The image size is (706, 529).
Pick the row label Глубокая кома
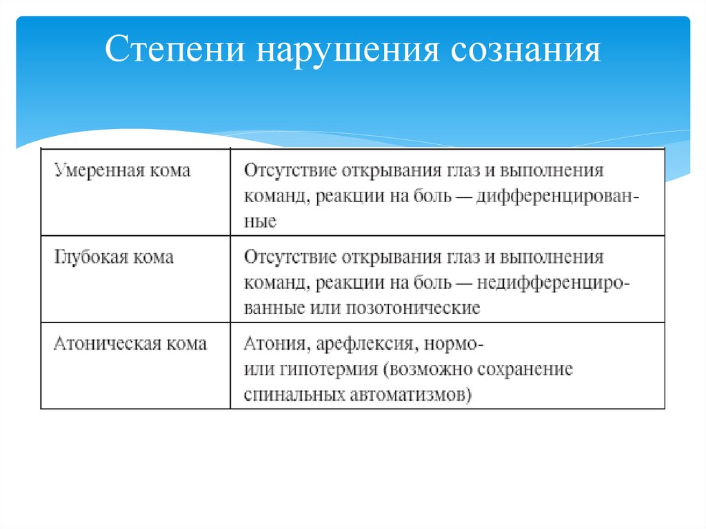tap(113, 258)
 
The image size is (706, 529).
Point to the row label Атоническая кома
tap(130, 343)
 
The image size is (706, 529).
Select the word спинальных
tap(299, 395)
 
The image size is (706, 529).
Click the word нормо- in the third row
tap(454, 343)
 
